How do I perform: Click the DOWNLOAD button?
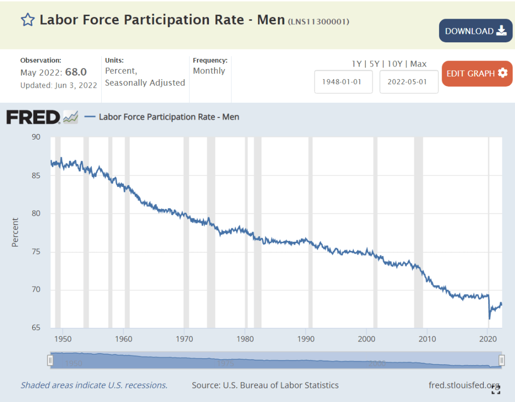coord(475,31)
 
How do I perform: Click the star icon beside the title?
coord(27,20)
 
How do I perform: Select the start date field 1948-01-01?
coord(343,82)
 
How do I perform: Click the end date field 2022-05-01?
coord(409,82)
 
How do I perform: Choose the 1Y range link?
coord(356,64)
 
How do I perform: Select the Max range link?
coord(418,64)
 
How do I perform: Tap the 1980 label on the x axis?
coord(245,339)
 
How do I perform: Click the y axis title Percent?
coord(15,232)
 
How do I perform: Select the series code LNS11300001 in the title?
coord(318,22)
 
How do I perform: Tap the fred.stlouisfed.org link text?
coord(464,385)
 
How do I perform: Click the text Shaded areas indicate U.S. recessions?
coord(94,385)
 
